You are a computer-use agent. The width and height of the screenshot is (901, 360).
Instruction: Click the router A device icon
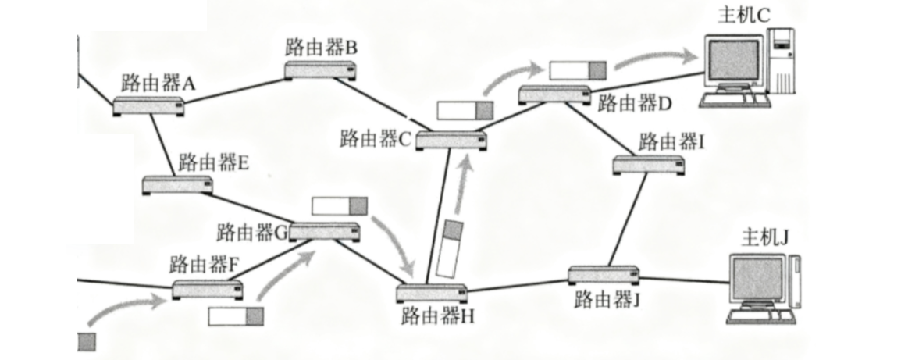click(x=148, y=107)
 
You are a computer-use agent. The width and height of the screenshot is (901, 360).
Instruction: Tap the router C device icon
click(x=450, y=141)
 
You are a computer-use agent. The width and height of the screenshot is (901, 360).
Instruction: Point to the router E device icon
click(x=178, y=185)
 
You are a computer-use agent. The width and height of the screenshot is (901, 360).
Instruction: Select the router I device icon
click(x=648, y=165)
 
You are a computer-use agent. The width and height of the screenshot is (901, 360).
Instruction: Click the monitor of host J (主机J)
click(x=757, y=278)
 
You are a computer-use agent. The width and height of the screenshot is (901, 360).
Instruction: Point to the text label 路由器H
click(x=437, y=315)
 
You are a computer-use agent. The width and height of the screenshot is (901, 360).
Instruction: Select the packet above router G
click(x=339, y=206)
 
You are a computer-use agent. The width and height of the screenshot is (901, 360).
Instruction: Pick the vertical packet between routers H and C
click(x=449, y=248)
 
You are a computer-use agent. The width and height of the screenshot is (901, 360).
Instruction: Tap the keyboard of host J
click(x=760, y=317)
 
